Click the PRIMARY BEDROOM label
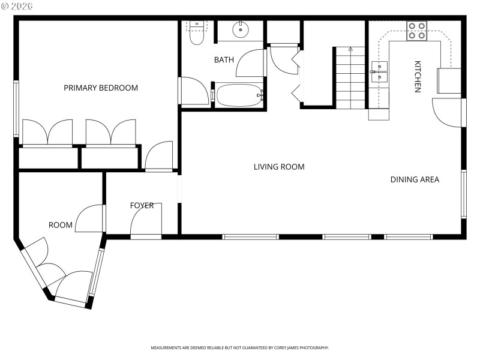101,88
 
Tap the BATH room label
224,60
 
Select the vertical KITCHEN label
418,76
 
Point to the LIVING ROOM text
279,167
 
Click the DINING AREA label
415,179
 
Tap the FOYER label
142,206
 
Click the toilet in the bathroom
196,35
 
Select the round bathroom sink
240,29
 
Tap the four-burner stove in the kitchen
416,31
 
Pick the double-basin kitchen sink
379,70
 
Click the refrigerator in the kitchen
449,81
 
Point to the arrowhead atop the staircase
350,48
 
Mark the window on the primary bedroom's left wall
17,109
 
